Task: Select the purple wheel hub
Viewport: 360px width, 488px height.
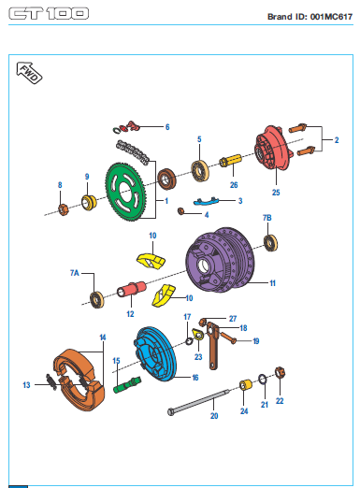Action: coord(220,260)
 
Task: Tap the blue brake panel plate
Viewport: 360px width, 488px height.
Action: coord(156,353)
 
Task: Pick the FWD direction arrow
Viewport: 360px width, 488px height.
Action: coord(29,73)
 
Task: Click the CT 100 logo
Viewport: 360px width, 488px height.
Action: coord(49,14)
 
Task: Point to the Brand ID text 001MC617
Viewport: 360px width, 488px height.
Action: coord(331,17)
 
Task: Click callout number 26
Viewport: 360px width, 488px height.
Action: coord(234,185)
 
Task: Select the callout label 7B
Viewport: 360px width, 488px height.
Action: coord(267,218)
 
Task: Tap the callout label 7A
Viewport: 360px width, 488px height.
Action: coord(75,273)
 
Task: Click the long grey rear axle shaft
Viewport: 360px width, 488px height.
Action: coord(199,402)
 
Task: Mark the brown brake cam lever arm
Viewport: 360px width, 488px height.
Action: coord(213,346)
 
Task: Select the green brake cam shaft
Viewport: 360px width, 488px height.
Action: coord(127,384)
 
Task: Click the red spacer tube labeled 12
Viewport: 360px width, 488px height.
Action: coord(132,289)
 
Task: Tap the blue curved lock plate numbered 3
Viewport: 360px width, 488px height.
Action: coord(206,201)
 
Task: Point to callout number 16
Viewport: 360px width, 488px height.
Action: coord(195,378)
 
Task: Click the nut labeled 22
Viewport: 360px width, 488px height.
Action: coord(281,373)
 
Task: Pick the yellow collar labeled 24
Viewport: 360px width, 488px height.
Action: coord(246,385)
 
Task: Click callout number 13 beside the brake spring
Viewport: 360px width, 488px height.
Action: coord(26,385)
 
